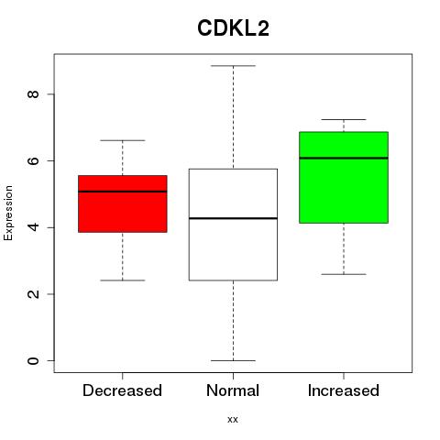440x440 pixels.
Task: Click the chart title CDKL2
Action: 233,28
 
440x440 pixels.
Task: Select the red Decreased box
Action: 123,203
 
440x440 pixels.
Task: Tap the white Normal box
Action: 233,225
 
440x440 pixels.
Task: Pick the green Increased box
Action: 344,178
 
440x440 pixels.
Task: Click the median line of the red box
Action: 123,192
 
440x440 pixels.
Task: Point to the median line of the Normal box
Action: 233,218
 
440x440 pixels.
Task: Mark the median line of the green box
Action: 344,158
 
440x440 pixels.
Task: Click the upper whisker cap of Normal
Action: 233,66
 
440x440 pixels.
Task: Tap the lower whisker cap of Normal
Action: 233,360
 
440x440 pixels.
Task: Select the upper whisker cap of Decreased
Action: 123,140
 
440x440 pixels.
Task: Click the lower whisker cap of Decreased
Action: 123,280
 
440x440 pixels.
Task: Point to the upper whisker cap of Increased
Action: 344,119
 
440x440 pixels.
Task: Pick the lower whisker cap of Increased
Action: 344,274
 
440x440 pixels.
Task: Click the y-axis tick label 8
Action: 33,94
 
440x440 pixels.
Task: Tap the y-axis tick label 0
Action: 33,361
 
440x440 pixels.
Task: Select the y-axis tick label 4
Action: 33,227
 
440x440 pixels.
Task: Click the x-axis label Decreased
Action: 122,390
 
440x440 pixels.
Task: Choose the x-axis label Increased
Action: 344,390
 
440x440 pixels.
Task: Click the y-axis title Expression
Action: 8,213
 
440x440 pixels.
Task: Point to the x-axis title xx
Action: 233,420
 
